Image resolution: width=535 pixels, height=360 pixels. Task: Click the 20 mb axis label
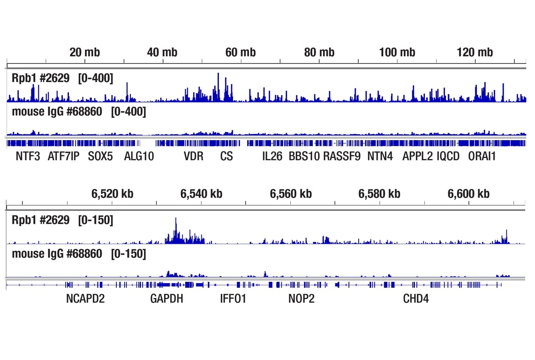[x=84, y=52]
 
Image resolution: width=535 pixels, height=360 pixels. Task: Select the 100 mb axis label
[x=397, y=52]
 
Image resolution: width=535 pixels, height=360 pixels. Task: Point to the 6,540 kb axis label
[x=201, y=194]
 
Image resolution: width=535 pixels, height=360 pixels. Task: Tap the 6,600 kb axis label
[x=468, y=194]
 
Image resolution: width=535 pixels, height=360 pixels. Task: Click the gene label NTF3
[x=28, y=156]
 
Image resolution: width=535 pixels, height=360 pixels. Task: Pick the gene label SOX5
[x=100, y=156]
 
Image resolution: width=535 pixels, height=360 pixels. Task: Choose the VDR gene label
[x=194, y=156]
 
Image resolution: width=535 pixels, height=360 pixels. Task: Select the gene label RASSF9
[x=342, y=156]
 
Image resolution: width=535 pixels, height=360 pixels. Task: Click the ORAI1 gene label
[x=482, y=156]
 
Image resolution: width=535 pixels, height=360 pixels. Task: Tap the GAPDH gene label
[x=166, y=299]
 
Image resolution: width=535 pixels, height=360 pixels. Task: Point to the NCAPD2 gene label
[x=85, y=299]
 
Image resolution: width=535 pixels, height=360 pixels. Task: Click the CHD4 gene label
[x=416, y=299]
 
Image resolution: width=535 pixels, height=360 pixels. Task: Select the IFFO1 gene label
[x=233, y=299]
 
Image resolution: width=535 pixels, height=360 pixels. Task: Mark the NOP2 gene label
[x=301, y=299]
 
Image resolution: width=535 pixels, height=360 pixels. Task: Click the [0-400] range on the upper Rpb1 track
[x=96, y=78]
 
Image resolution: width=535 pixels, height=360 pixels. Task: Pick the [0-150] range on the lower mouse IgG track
[x=128, y=254]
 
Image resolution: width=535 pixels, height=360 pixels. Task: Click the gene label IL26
[x=272, y=156]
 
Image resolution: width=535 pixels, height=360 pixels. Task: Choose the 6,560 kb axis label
[x=291, y=194]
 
